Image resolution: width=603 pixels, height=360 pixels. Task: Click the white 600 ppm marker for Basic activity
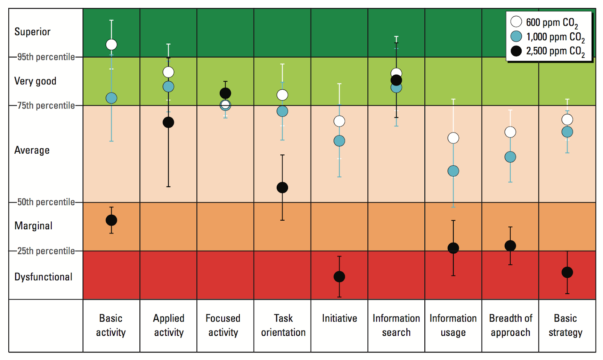pos(111,44)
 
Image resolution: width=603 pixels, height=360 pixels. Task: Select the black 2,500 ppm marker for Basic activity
pos(111,220)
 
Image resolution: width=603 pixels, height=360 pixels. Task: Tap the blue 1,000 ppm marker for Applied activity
pos(168,87)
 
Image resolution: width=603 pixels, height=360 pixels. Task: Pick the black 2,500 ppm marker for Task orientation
pos(282,188)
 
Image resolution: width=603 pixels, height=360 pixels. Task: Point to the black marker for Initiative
pos(339,277)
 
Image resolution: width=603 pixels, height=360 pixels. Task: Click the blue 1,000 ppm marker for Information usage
pos(453,171)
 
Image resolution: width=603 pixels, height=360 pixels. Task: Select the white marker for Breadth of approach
pos(510,132)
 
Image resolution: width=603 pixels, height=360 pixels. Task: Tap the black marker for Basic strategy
pos(567,272)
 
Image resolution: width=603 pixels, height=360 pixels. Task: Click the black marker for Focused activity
pos(225,93)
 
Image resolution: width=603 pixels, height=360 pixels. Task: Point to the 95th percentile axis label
pos(46,57)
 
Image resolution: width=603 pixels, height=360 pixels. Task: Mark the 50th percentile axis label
pos(46,202)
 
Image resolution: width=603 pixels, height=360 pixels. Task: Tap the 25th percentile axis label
pos(46,251)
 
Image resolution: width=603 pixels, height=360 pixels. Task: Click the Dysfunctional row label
pos(43,277)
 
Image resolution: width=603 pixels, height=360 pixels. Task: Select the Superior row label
pos(32,32)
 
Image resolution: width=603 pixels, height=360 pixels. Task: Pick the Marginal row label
pos(34,226)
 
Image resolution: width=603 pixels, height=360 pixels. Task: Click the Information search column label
pos(396,325)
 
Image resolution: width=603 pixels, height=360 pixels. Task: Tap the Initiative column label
pos(339,319)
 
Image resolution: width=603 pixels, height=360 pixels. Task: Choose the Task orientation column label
pos(283,325)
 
